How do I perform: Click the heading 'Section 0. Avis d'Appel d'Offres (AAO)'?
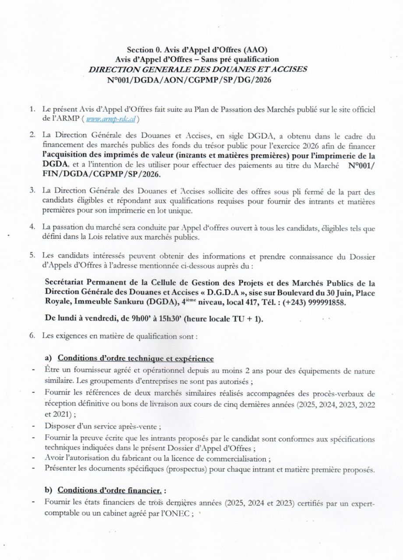[201, 50]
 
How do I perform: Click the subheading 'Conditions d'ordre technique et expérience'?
[136, 358]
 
